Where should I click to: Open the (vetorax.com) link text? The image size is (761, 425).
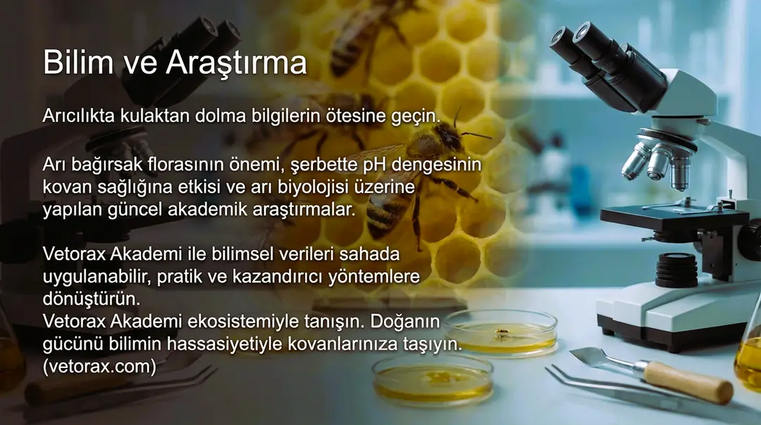[99, 367]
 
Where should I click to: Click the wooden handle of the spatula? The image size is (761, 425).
[687, 383]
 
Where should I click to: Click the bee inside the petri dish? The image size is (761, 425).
[502, 331]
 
